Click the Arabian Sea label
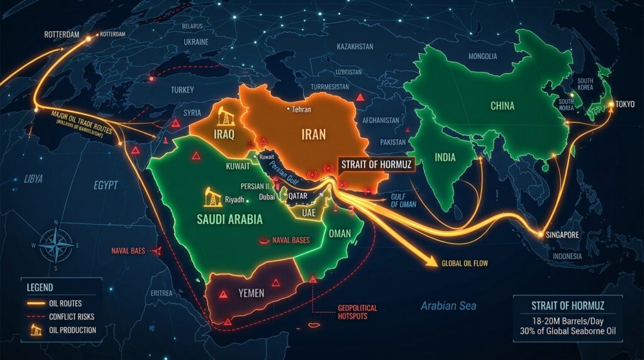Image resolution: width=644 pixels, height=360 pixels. (x=448, y=306)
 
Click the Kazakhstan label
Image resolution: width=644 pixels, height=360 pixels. (x=355, y=47)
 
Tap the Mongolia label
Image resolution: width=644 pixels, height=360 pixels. (x=482, y=56)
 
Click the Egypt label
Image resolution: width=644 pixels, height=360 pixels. (x=106, y=186)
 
